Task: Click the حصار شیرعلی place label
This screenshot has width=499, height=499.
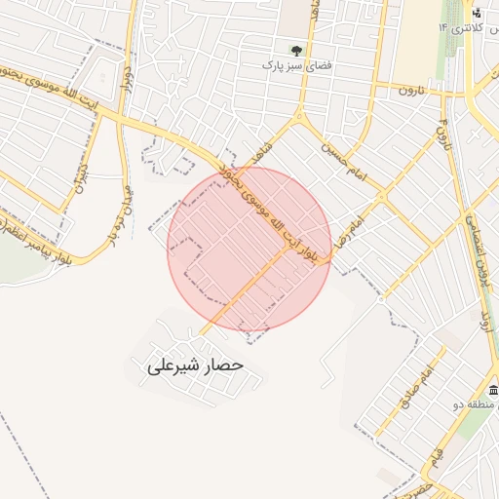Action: pyautogui.click(x=195, y=366)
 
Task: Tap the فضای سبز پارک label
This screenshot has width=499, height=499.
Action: pyautogui.click(x=296, y=64)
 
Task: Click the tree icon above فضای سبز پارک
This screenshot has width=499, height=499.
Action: pyautogui.click(x=296, y=49)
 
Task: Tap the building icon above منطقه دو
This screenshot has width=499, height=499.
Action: pyautogui.click(x=492, y=391)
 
